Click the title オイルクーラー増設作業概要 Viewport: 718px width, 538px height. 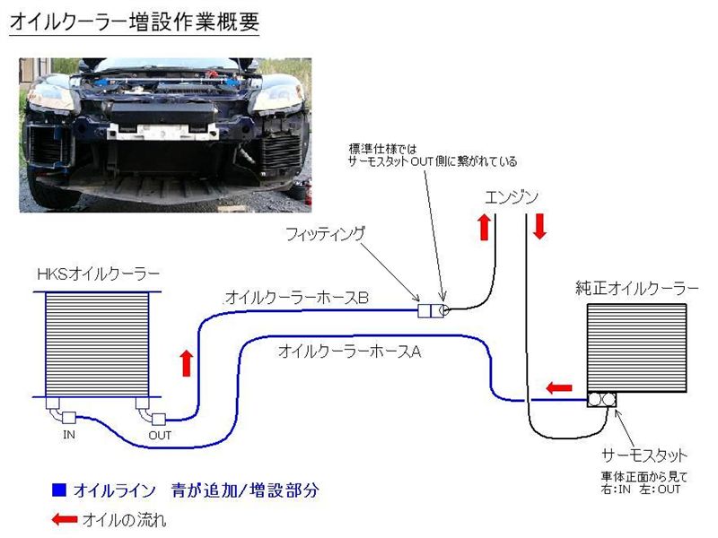coord(134,22)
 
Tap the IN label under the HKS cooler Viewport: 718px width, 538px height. coord(70,435)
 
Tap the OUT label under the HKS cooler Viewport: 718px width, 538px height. coord(160,436)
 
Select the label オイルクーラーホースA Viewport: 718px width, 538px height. coord(349,351)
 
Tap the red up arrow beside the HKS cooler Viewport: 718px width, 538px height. coord(187,363)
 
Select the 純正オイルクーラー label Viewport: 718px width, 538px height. coord(637,289)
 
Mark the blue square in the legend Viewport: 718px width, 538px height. coord(59,490)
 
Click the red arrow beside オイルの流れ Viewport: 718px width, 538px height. coord(64,518)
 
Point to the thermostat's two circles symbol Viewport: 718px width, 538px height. coord(602,400)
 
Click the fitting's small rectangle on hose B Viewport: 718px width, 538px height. coord(427,310)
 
